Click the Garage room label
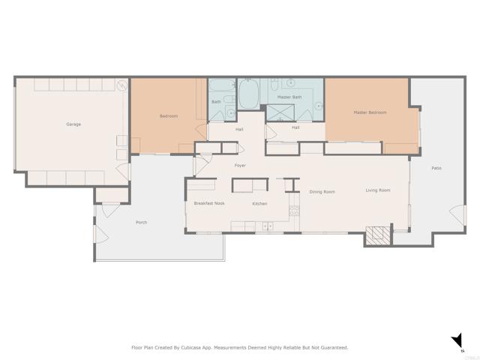(x=73, y=124)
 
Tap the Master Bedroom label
(x=370, y=112)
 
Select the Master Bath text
(x=289, y=97)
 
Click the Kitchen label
(x=259, y=203)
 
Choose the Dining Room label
(x=322, y=191)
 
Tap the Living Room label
(x=377, y=190)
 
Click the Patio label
(x=436, y=168)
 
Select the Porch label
(x=141, y=222)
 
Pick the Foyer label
(x=240, y=165)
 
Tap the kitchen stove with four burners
(x=268, y=226)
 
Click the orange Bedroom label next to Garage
(x=168, y=116)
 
